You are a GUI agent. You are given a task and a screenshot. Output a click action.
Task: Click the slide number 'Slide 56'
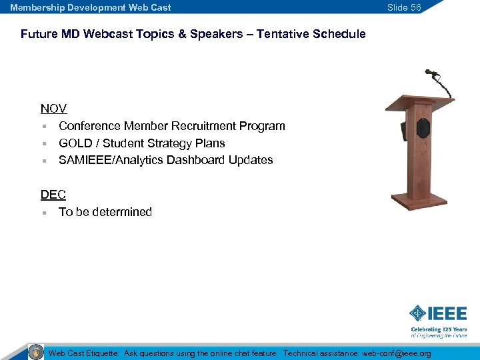pyautogui.click(x=404, y=7)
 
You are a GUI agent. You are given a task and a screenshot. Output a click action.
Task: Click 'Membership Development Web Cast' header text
pyautogui.click(x=91, y=7)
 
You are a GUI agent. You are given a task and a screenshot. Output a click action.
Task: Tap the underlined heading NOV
pyautogui.click(x=53, y=109)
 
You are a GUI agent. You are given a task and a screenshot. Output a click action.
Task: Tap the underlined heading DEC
pyautogui.click(x=53, y=195)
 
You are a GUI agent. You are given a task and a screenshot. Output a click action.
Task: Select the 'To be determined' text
pyautogui.click(x=105, y=212)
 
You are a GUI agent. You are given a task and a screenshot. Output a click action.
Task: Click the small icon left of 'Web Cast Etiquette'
pyautogui.click(x=36, y=351)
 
